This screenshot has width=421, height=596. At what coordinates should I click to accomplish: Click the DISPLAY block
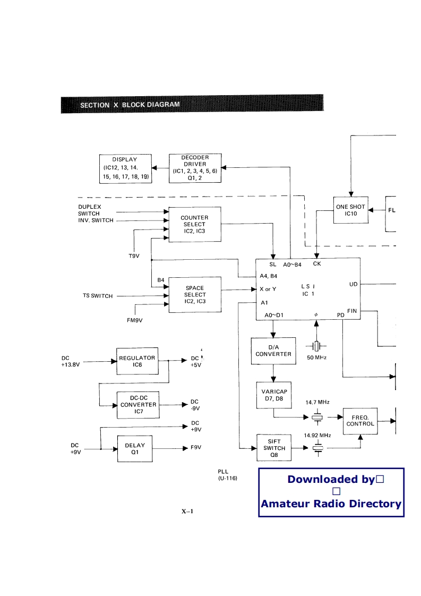pyautogui.click(x=125, y=168)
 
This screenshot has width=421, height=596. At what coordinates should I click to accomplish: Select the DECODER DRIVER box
pyautogui.click(x=195, y=168)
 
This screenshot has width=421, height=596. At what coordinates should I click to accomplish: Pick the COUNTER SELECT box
pyautogui.click(x=194, y=225)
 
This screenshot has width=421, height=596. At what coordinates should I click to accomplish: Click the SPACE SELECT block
pyautogui.click(x=194, y=295)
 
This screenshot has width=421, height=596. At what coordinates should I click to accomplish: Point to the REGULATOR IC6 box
pyautogui.click(x=137, y=361)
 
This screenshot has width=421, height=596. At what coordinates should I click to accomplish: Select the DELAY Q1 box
pyautogui.click(x=134, y=448)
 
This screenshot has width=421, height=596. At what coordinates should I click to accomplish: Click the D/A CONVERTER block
pyautogui.click(x=273, y=351)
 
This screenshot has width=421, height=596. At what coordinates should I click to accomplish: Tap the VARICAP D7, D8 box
pyautogui.click(x=273, y=395)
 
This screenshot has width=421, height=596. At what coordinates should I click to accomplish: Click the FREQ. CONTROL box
pyautogui.click(x=360, y=420)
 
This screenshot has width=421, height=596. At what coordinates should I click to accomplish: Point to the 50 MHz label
pyautogui.click(x=317, y=358)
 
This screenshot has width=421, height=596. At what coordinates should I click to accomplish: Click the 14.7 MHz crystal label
pyautogui.click(x=317, y=402)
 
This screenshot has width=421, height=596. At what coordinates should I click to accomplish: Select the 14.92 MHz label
pyautogui.click(x=317, y=435)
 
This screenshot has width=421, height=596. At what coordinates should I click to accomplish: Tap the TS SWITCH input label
pyautogui.click(x=98, y=296)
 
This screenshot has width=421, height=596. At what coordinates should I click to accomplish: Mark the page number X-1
pyautogui.click(x=188, y=512)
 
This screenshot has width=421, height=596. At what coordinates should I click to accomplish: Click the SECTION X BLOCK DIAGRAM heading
pyautogui.click(x=130, y=105)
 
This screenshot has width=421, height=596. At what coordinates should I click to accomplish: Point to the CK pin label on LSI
pyautogui.click(x=317, y=264)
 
